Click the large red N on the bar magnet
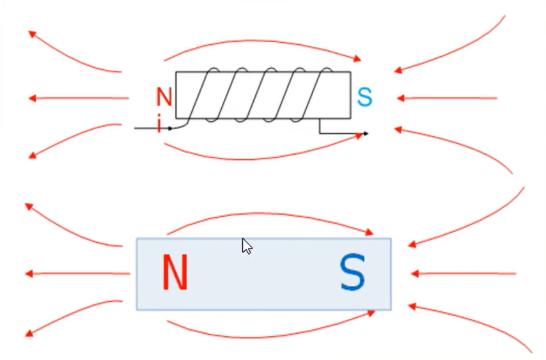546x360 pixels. [x=174, y=273]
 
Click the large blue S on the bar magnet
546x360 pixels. [x=352, y=273]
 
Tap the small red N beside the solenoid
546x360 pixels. [x=164, y=97]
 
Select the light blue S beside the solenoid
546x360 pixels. [x=364, y=97]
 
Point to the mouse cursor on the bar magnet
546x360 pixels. [x=247, y=246]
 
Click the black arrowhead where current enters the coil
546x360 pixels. [x=170, y=129]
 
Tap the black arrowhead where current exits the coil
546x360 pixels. [x=365, y=134]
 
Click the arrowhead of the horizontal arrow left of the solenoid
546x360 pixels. [x=32, y=98]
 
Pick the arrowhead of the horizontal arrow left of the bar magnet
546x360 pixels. [x=29, y=274]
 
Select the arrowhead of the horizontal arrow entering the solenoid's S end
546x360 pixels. [x=401, y=98]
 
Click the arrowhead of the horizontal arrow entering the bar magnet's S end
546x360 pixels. [x=414, y=274]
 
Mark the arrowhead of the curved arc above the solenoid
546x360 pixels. [x=358, y=59]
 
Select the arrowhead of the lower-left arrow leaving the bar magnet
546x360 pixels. [x=29, y=334]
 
